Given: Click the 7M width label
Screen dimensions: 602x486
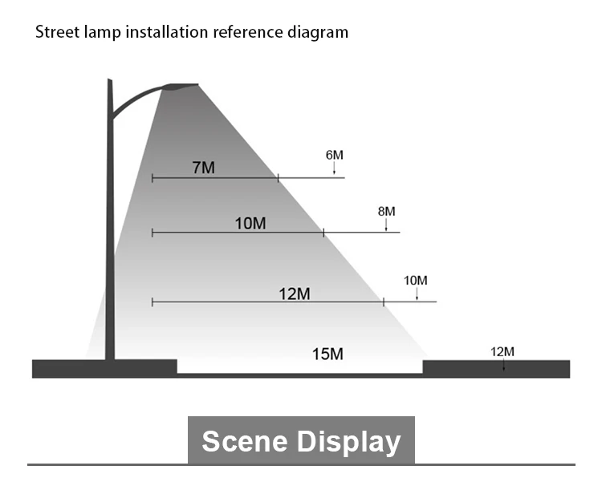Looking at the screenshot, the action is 203,168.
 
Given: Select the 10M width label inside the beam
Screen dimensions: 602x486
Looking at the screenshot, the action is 250,223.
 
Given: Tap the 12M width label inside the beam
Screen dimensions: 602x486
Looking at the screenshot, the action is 295,294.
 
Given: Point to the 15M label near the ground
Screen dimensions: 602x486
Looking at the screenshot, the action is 327,354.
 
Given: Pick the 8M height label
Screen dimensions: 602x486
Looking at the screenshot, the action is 386,211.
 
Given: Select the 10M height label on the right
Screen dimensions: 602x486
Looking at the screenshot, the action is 416,280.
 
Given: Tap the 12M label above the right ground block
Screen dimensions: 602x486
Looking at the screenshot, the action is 502,351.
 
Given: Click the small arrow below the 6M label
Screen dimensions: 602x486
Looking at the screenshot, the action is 335,167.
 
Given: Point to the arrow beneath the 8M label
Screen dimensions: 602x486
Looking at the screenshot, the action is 386,225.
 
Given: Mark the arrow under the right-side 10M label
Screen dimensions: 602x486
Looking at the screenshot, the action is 417,294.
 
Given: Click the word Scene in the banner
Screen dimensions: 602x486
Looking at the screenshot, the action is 245,441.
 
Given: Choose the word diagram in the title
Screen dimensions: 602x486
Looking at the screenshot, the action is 319,33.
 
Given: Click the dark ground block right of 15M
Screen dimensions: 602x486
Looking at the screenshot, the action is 495,369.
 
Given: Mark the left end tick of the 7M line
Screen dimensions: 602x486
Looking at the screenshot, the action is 153,177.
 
